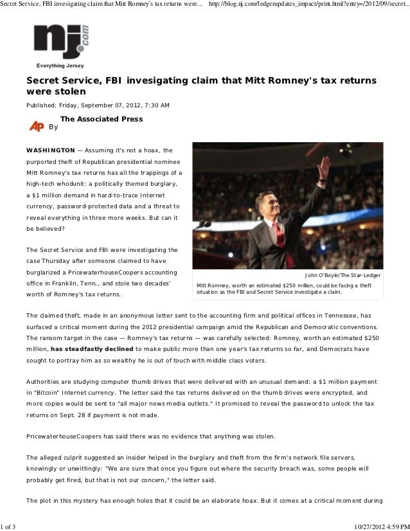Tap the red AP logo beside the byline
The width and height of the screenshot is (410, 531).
point(37,126)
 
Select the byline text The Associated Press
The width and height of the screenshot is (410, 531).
point(102,119)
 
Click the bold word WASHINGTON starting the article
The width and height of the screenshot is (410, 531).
point(50,150)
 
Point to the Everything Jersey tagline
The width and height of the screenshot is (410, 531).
point(60,66)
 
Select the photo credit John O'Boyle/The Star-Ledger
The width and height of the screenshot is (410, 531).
point(342,275)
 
